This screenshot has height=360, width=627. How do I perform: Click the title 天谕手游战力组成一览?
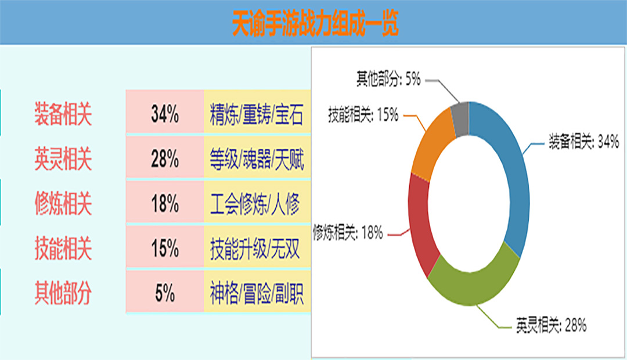pos(315,23)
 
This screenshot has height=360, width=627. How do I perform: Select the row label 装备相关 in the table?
pos(63,114)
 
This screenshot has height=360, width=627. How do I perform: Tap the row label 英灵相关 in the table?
pos(63,159)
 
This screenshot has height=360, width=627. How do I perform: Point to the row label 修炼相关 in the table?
pos(63,204)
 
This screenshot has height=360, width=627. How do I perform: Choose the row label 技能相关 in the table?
pos(63,249)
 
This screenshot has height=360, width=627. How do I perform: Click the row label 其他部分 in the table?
pos(63,293)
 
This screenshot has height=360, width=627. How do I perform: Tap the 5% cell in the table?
pos(165,291)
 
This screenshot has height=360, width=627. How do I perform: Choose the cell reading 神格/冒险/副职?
pos(257,291)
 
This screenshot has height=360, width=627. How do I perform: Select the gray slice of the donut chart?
pos(460,119)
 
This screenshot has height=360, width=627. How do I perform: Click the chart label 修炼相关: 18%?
pos(348,232)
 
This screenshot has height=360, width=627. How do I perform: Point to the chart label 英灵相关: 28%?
pos(551,325)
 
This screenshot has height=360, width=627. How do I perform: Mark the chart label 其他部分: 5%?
pos(388,79)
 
